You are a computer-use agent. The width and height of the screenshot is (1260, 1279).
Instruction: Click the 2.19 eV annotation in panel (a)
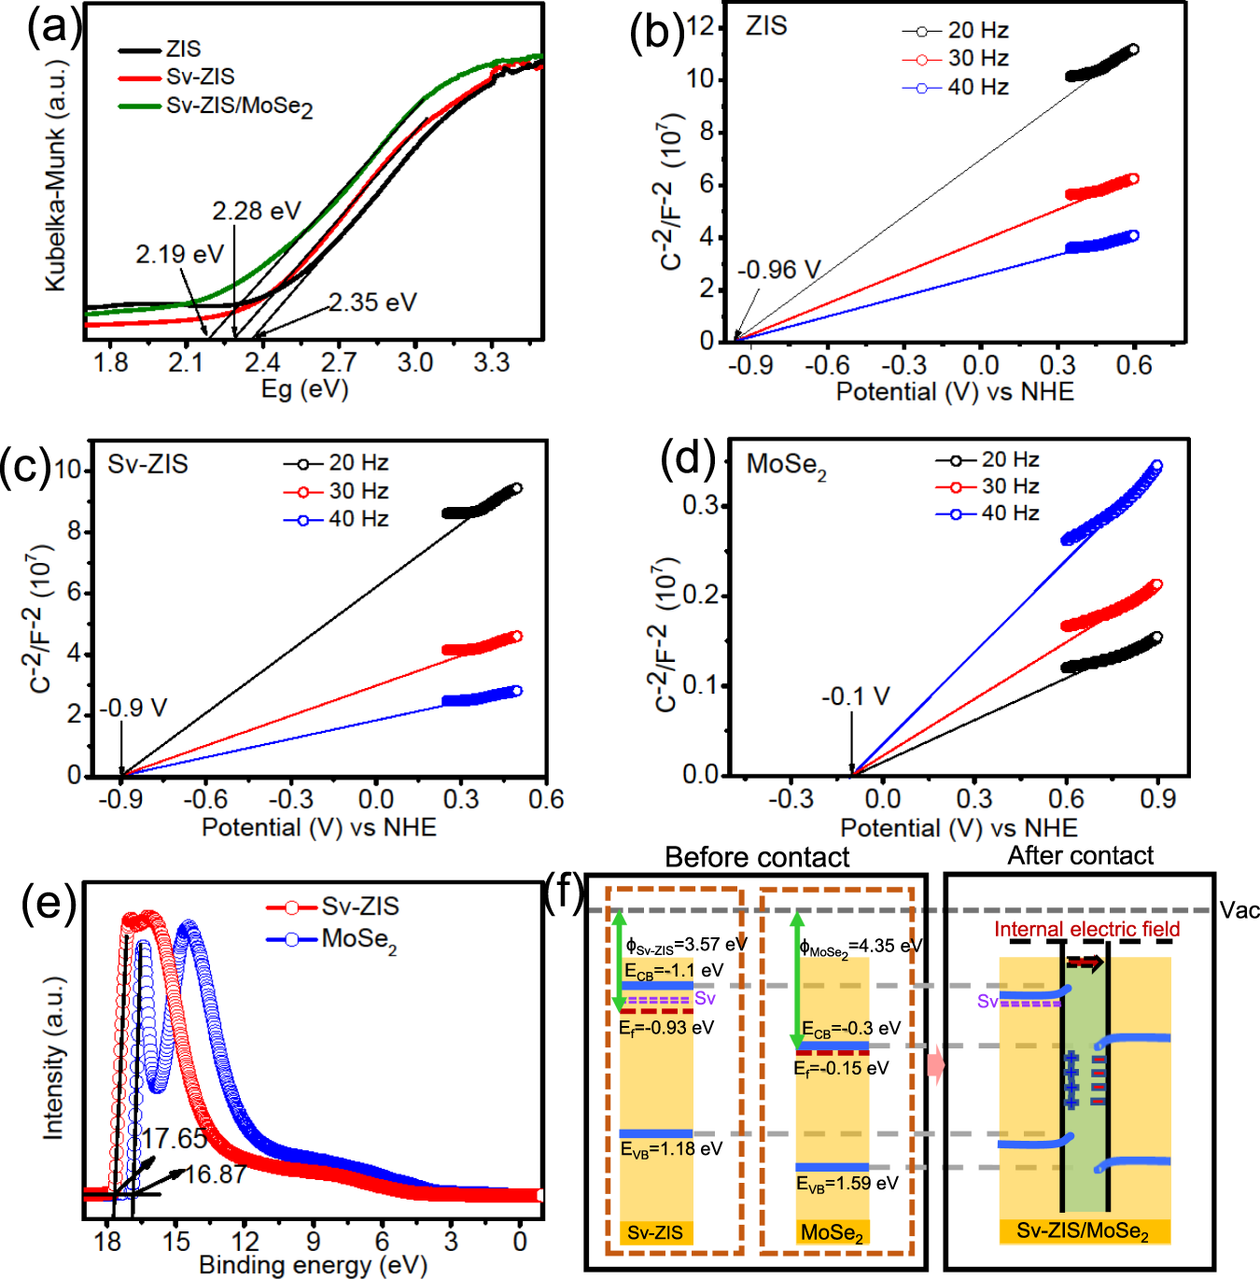(x=179, y=254)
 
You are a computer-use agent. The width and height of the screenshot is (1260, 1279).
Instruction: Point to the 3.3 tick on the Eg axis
(x=491, y=362)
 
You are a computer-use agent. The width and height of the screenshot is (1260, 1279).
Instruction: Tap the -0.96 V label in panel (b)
(x=778, y=271)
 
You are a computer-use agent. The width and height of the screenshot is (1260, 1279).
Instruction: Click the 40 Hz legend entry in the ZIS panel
(x=977, y=88)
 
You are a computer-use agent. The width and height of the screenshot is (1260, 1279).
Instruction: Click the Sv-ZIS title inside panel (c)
(x=147, y=464)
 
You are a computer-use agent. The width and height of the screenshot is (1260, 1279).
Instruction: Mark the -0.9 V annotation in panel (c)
(x=133, y=708)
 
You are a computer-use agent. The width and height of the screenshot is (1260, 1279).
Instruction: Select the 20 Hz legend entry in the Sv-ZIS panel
(x=357, y=463)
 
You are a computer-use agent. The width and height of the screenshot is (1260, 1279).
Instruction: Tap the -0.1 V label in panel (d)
(x=855, y=697)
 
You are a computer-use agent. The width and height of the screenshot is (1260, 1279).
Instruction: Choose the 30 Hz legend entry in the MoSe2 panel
(x=1010, y=486)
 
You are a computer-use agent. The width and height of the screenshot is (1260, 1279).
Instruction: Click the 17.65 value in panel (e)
(x=175, y=1138)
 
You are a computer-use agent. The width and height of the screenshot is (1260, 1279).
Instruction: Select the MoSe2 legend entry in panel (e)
(x=358, y=939)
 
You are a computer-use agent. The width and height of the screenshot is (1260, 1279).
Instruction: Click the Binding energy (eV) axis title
(x=313, y=1265)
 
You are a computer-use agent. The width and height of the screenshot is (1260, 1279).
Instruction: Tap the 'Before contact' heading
(x=756, y=857)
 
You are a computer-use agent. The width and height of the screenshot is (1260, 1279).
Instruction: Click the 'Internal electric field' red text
(x=1086, y=929)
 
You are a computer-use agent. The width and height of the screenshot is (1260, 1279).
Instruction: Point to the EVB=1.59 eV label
(x=847, y=1184)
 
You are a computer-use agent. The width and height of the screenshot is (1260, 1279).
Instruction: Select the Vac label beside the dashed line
(x=1239, y=910)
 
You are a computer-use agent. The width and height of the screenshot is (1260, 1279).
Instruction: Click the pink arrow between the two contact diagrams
(x=935, y=1065)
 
